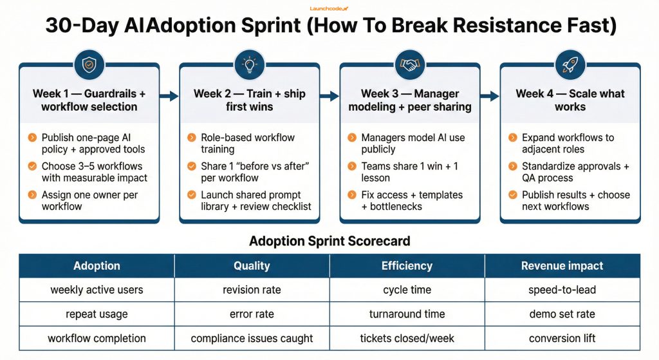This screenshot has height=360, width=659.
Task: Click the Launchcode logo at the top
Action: pyautogui.click(x=329, y=8)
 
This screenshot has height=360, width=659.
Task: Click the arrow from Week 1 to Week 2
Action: pyautogui.click(x=169, y=96)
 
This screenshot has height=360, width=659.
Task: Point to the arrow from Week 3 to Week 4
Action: pyautogui.click(x=490, y=96)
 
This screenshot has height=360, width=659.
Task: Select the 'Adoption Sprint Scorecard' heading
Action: pyautogui.click(x=329, y=241)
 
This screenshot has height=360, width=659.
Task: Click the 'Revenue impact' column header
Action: pyautogui.click(x=562, y=265)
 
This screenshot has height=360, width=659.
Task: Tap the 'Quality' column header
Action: pyautogui.click(x=252, y=265)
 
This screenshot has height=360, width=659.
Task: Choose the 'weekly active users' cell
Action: pyautogui.click(x=97, y=290)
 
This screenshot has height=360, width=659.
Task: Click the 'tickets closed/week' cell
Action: pyautogui.click(x=407, y=338)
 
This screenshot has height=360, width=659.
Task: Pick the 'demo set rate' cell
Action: pyautogui.click(x=562, y=314)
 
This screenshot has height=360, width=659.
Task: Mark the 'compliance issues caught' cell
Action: pyautogui.click(x=252, y=338)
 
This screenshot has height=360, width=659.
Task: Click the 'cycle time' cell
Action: pyautogui.click(x=407, y=290)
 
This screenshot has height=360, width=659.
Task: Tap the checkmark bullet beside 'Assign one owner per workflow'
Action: pyautogui.click(x=32, y=195)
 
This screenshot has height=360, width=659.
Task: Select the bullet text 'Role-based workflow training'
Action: pyautogui.click(x=247, y=143)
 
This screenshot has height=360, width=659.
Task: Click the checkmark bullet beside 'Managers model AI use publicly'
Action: pyautogui.click(x=352, y=138)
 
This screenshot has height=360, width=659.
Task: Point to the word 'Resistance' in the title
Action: pyautogui.click(x=463, y=26)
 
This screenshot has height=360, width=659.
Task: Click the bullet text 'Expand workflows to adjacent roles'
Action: pyautogui.click(x=568, y=143)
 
